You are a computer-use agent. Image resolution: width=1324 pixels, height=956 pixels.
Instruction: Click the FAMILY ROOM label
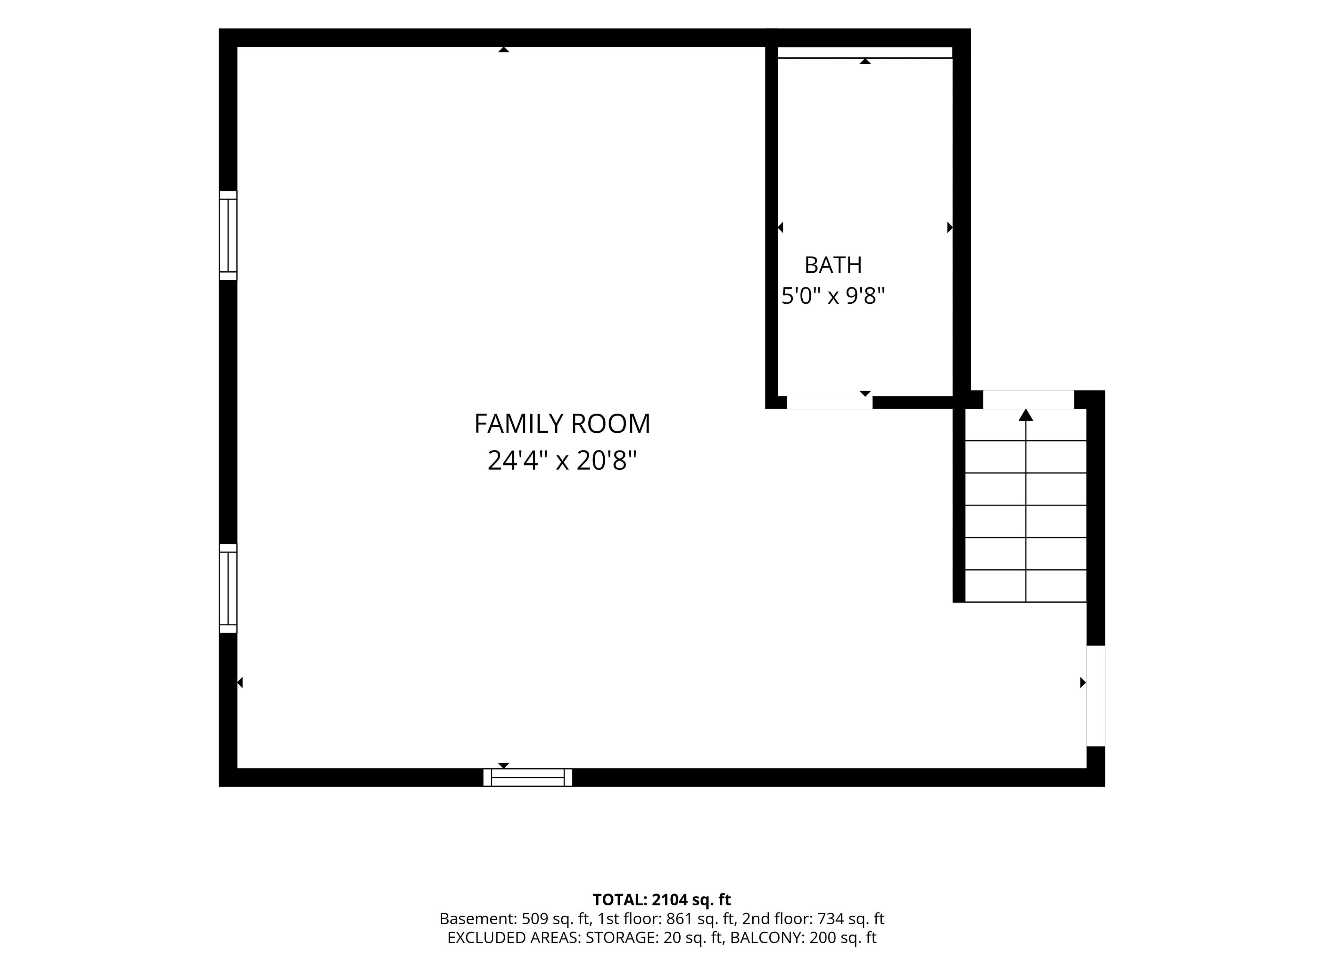pyautogui.click(x=562, y=424)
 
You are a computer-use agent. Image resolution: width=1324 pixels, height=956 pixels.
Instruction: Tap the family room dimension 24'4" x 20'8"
pyautogui.click(x=562, y=461)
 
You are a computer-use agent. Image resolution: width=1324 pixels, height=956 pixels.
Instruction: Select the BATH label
pyautogui.click(x=833, y=265)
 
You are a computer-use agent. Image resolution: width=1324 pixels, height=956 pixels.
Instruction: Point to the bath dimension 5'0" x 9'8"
pyautogui.click(x=833, y=296)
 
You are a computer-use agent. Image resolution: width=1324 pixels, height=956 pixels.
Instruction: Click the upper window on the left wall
pyautogui.click(x=228, y=235)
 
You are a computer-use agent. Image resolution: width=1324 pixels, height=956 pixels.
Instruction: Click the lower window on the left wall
pyautogui.click(x=228, y=588)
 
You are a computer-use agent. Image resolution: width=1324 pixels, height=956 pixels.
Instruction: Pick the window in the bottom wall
pyautogui.click(x=528, y=777)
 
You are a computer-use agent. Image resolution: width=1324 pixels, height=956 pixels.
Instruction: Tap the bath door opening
pyautogui.click(x=830, y=402)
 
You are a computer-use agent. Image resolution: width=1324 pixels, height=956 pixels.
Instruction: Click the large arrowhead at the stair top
pyautogui.click(x=1026, y=415)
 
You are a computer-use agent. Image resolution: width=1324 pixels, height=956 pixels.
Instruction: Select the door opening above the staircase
pyautogui.click(x=1029, y=400)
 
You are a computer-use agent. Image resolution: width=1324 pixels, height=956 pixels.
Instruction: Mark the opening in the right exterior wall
pyautogui.click(x=1096, y=696)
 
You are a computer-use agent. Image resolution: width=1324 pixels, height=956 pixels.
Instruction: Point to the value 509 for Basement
pyautogui.click(x=535, y=919)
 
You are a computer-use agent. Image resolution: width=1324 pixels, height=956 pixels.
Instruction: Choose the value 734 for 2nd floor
pyautogui.click(x=830, y=919)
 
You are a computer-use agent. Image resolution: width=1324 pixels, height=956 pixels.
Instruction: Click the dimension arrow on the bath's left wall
pyautogui.click(x=781, y=227)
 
